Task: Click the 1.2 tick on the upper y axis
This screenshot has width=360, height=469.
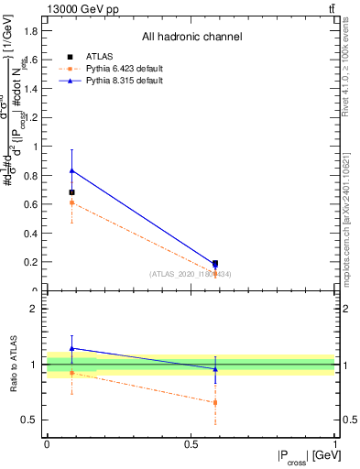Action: click(32, 117)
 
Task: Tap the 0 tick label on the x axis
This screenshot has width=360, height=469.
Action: click(47, 442)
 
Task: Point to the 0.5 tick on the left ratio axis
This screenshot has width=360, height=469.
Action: click(32, 420)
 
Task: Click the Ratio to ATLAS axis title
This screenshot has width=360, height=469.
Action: click(12, 364)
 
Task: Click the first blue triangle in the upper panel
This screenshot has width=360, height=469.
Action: click(72, 170)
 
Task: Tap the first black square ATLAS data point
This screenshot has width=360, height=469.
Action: click(72, 192)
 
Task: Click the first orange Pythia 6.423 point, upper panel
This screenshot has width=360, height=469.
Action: click(72, 202)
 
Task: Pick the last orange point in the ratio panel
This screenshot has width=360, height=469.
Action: click(215, 402)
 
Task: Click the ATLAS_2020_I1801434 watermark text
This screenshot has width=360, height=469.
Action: click(191, 274)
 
